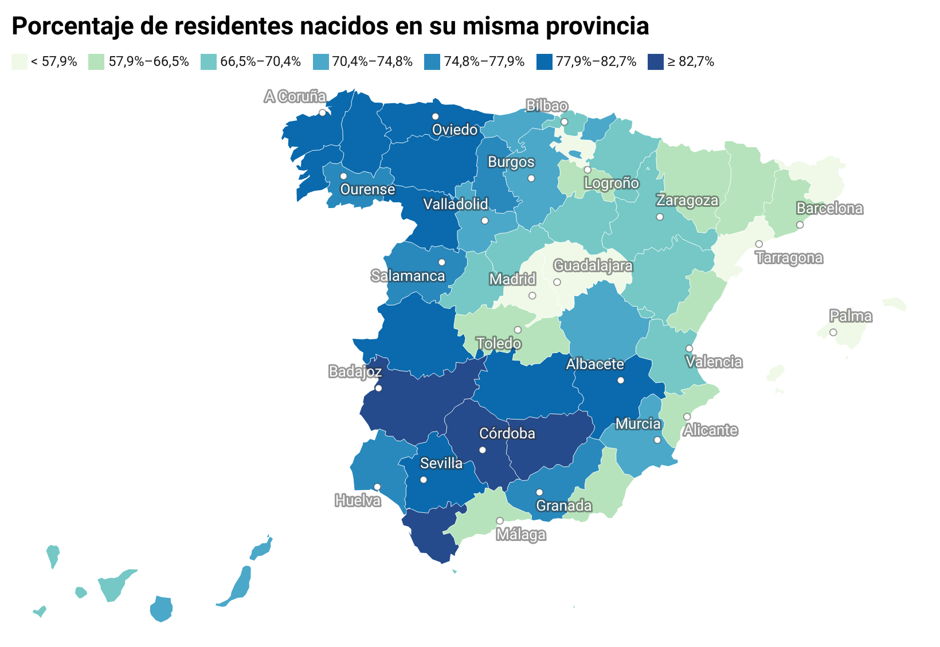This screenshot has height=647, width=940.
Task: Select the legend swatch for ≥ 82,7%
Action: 655,62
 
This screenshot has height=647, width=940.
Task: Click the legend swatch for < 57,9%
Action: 19,62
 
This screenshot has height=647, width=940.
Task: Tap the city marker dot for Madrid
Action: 532,296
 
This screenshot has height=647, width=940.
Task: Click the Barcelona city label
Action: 829,209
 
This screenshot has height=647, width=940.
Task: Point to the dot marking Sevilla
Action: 424,480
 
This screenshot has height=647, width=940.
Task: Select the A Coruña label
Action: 295,97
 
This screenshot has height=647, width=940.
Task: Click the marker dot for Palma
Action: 833,332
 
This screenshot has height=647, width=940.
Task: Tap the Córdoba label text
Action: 507,434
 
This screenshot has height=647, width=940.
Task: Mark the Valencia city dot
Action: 689,348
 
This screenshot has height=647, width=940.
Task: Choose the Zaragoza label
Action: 687,201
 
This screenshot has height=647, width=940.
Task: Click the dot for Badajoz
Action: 378,388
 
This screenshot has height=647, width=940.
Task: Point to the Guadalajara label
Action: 593,266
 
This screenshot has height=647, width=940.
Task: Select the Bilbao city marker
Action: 564,122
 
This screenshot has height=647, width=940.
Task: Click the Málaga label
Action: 520,535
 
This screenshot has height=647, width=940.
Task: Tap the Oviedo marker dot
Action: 435,116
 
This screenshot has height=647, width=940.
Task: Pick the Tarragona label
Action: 789,258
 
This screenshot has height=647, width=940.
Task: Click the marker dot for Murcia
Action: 657,440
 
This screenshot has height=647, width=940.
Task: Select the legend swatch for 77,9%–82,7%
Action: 544,62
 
